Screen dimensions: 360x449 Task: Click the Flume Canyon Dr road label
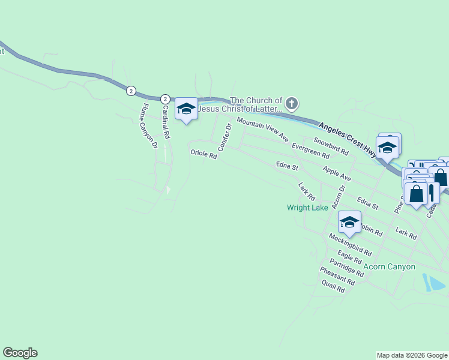click(x=148, y=126)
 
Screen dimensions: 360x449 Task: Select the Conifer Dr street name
click(x=224, y=137)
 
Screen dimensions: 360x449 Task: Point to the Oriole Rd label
click(x=203, y=154)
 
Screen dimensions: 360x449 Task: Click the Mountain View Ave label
click(x=262, y=129)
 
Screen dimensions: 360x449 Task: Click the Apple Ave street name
click(x=336, y=174)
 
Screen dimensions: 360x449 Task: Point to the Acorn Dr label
click(x=339, y=197)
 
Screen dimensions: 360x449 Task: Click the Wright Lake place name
click(x=307, y=208)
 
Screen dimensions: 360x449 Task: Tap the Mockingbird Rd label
click(x=351, y=244)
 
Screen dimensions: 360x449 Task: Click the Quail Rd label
click(x=332, y=289)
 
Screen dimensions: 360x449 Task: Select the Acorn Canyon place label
click(x=389, y=266)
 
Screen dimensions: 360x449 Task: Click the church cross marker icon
click(x=291, y=104)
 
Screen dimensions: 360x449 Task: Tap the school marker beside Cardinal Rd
click(x=186, y=109)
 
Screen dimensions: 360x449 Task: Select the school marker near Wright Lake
click(x=349, y=223)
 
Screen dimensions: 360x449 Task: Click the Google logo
click(x=20, y=353)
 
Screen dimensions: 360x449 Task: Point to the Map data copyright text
click(x=412, y=355)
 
